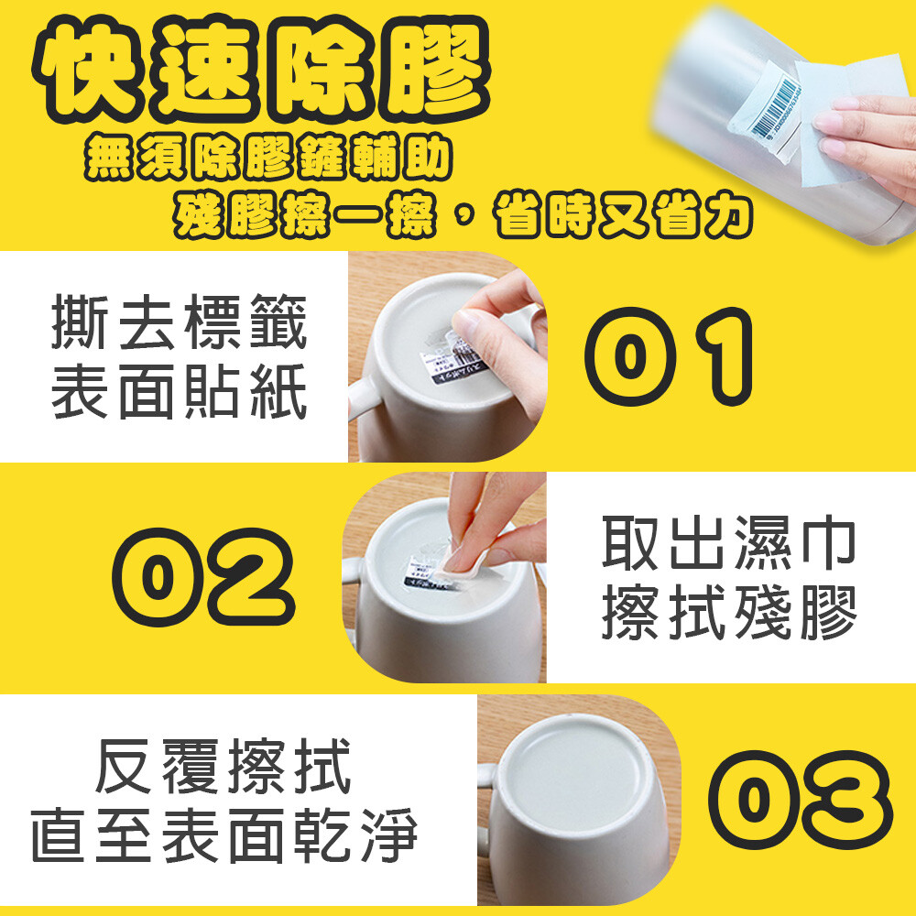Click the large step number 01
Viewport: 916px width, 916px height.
click(669, 356)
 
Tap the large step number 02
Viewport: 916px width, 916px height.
click(204, 576)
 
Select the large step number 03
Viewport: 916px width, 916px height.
click(801, 800)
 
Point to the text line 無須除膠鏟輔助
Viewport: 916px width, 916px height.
click(268, 157)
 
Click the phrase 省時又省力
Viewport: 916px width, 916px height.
click(623, 215)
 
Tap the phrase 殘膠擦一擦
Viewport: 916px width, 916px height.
click(304, 215)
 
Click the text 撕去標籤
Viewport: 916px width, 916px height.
click(180, 322)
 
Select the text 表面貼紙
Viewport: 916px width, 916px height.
click(180, 391)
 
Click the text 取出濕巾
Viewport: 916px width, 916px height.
click(729, 543)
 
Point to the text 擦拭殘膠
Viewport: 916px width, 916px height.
click(729, 613)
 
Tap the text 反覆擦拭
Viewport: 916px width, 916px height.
click(224, 766)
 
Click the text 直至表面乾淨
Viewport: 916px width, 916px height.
click(225, 835)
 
